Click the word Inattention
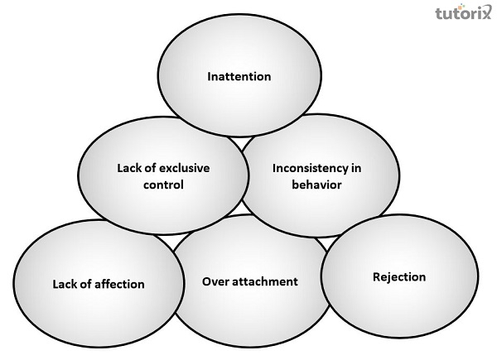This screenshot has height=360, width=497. click(239, 77)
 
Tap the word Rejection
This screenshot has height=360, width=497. click(399, 277)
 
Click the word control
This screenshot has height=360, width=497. click(162, 184)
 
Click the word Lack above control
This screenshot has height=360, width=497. click(129, 168)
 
